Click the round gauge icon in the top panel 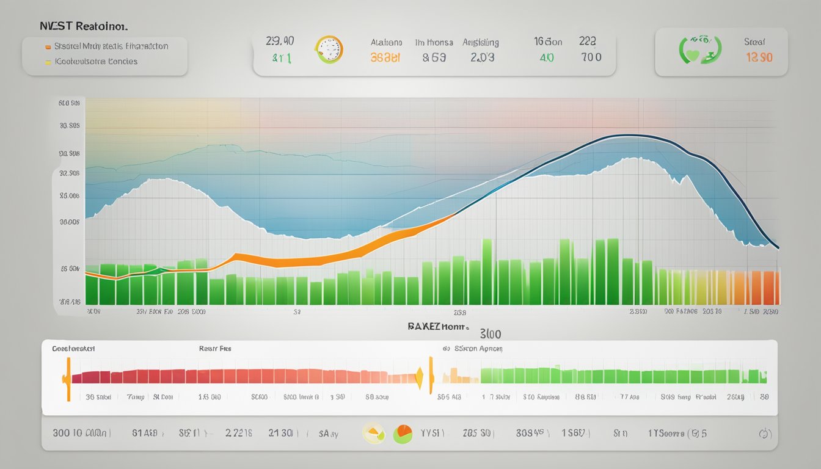coord(329,49)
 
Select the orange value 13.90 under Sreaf coord(759,58)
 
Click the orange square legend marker coord(48,46)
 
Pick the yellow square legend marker coord(48,61)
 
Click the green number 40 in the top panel coord(546,57)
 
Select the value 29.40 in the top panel coord(280,41)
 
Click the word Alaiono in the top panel coord(386,43)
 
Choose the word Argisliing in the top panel coord(480,43)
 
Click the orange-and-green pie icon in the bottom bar coord(403,434)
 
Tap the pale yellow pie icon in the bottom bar coord(373,433)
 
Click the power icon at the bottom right coord(763,434)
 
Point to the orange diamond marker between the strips coord(419,379)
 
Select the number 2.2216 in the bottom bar coord(239,434)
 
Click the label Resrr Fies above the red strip coord(215,349)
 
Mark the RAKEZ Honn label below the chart coord(437,327)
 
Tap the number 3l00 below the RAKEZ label coord(491,335)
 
